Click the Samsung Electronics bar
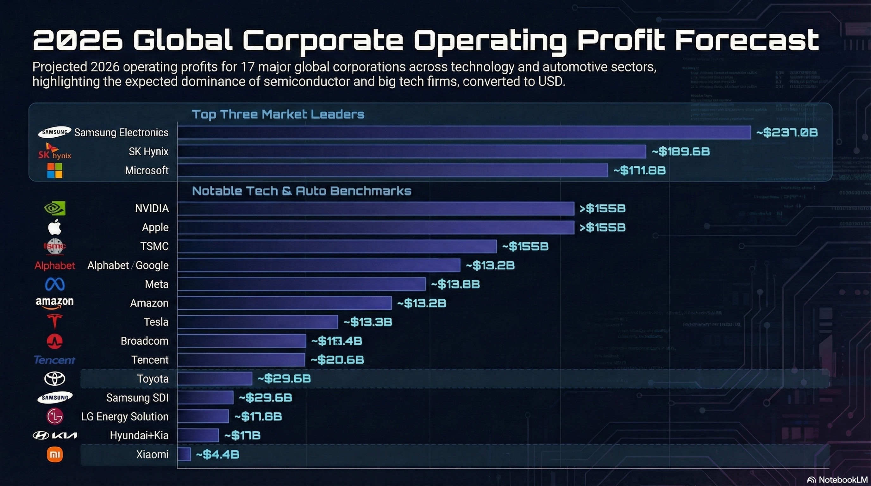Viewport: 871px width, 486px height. pyautogui.click(x=464, y=133)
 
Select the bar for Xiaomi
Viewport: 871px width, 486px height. pyautogui.click(x=184, y=454)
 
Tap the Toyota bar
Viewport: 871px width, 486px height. pyautogui.click(x=215, y=378)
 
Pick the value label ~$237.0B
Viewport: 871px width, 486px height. pyautogui.click(x=787, y=133)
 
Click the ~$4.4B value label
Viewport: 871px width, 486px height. pyautogui.click(x=217, y=454)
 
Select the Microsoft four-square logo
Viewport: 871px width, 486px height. pyautogui.click(x=55, y=170)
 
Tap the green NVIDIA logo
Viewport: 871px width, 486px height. pyautogui.click(x=55, y=208)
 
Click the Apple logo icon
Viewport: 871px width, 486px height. pyautogui.click(x=55, y=227)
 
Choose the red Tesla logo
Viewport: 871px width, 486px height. pyautogui.click(x=55, y=321)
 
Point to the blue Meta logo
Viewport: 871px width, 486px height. pyautogui.click(x=55, y=284)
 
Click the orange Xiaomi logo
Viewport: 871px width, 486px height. pyautogui.click(x=55, y=454)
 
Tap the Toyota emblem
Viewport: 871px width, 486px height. pyautogui.click(x=55, y=378)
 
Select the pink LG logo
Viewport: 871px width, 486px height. pyautogui.click(x=55, y=416)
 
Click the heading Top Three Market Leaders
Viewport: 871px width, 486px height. pyautogui.click(x=278, y=114)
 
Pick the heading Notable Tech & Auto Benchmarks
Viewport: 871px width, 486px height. pyautogui.click(x=302, y=191)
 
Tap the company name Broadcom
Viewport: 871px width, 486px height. pyautogui.click(x=144, y=341)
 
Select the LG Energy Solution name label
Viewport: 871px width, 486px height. pyautogui.click(x=125, y=416)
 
